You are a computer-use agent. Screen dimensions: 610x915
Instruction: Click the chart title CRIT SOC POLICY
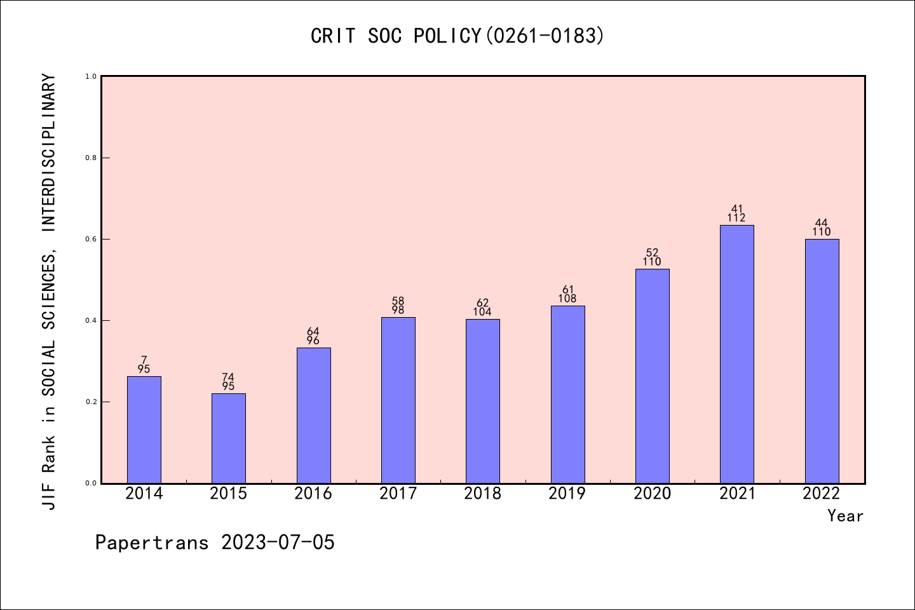tap(457, 36)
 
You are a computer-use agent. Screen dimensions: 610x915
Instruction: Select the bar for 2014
tap(144, 430)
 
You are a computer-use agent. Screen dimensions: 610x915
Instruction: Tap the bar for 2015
tap(229, 438)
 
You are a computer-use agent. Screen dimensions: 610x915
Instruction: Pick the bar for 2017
tap(398, 400)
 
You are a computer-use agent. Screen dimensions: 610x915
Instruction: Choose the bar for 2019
tap(567, 395)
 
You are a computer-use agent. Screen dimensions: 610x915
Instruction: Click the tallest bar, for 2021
tap(737, 354)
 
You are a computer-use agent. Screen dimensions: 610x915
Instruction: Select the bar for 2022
tap(822, 361)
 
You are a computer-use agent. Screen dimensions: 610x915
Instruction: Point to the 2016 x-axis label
tap(313, 494)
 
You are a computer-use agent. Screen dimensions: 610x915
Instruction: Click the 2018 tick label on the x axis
tap(483, 494)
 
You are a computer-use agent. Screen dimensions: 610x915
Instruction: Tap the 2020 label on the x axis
tap(652, 494)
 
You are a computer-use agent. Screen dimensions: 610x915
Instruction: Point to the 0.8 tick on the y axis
tap(91, 158)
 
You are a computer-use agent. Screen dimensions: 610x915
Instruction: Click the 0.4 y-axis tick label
tap(91, 320)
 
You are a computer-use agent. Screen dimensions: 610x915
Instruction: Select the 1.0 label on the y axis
tap(91, 76)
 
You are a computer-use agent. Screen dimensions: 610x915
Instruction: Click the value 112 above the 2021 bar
tap(736, 218)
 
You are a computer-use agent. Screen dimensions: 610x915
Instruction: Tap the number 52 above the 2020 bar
tap(652, 252)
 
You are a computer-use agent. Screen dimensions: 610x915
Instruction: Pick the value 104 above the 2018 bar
tap(482, 312)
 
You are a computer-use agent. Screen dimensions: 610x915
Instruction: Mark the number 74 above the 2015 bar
tap(228, 377)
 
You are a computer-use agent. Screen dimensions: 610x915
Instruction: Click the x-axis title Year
tap(845, 516)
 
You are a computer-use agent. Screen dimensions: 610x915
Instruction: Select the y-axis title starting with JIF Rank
tap(49, 292)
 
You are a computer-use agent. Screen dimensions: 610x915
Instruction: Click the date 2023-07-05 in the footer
tap(278, 543)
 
